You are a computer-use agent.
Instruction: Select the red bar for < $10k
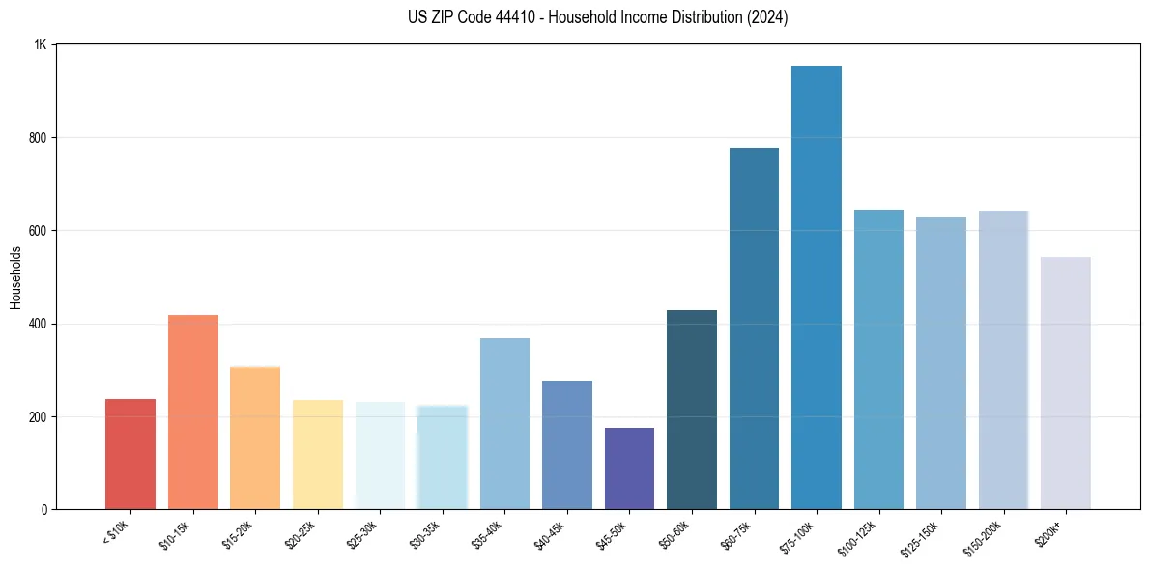pyautogui.click(x=130, y=454)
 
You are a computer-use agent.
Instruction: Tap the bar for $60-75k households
pyautogui.click(x=754, y=328)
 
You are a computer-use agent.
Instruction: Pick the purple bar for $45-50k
pyautogui.click(x=629, y=469)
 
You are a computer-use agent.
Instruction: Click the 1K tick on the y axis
pyautogui.click(x=41, y=44)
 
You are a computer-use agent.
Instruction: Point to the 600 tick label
pyautogui.click(x=38, y=231)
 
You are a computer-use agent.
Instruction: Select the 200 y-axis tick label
pyautogui.click(x=38, y=417)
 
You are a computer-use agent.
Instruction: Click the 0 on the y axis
pyautogui.click(x=44, y=510)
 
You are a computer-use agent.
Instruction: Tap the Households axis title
pyautogui.click(x=15, y=277)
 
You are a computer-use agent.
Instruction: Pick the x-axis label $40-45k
pyautogui.click(x=548, y=534)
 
